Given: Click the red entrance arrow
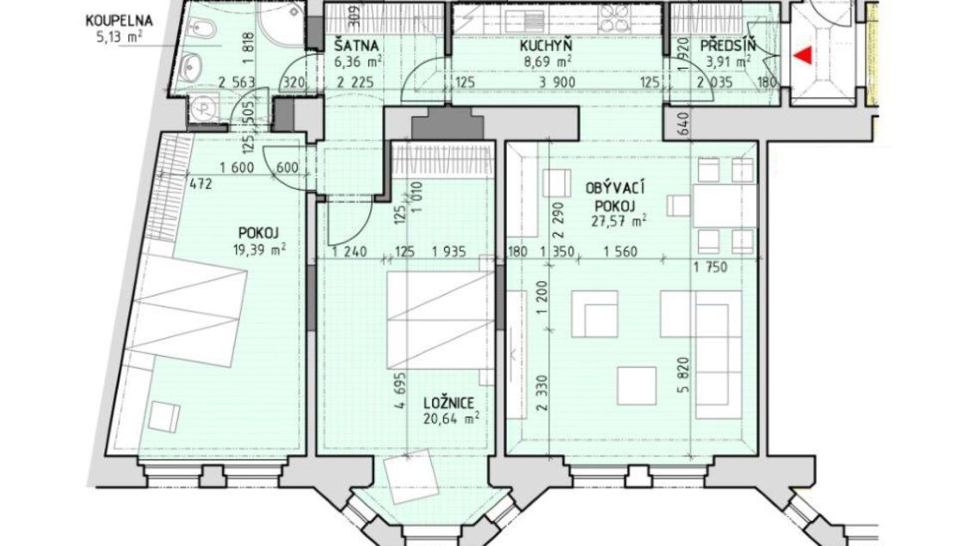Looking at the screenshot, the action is [805, 56].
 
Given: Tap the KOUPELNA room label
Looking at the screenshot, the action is [119, 21].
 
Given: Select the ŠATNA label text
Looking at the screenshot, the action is [356, 46].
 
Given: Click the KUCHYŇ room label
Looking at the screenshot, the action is [546, 46].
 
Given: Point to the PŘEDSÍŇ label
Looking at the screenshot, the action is [728, 46].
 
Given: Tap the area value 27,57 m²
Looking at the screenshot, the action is [619, 221].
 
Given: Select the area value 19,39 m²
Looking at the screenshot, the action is [258, 248].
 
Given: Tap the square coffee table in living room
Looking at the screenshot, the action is [637, 386].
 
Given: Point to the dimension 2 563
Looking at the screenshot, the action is [237, 83].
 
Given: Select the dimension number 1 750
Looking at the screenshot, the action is [710, 267].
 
